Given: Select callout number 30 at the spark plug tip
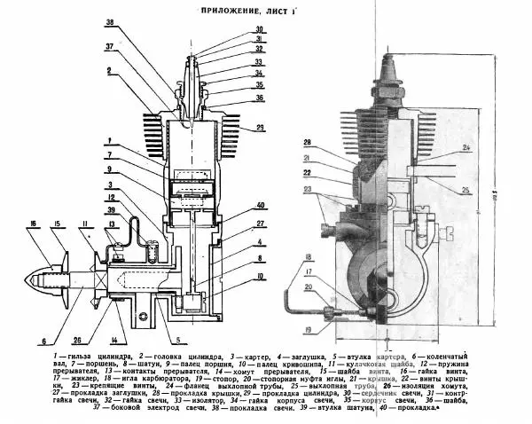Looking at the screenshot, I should coord(258,29).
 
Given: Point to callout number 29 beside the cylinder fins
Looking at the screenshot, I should coord(260,130).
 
